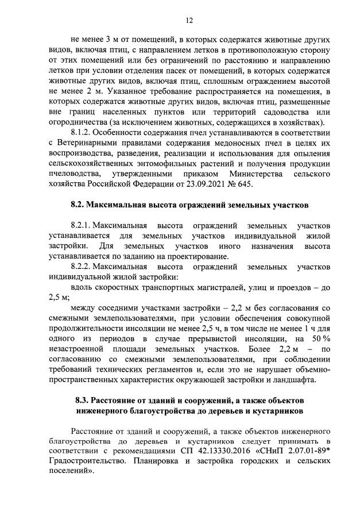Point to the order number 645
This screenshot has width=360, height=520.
tap(244, 184)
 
